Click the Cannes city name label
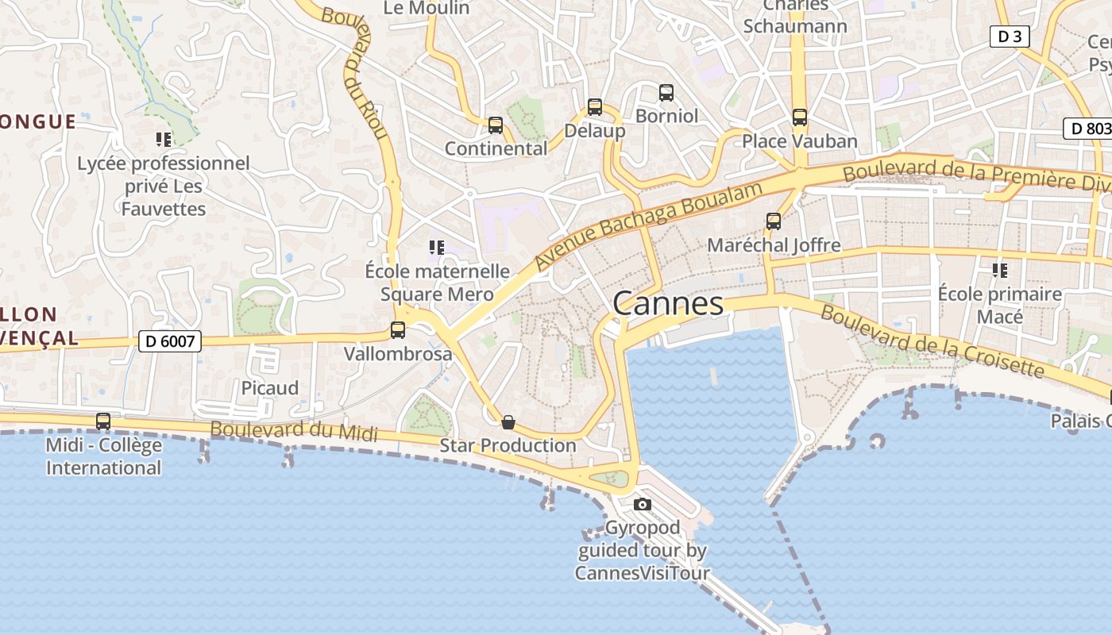[x=668, y=303]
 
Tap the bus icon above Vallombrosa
[x=398, y=330]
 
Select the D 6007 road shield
[x=170, y=341]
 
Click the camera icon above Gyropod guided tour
[x=642, y=504]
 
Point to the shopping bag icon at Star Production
[x=508, y=422]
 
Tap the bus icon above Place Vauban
[x=799, y=117]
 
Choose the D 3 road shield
[x=1010, y=37]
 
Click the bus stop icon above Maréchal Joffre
[x=774, y=221]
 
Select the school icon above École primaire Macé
[x=999, y=271]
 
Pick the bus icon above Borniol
[x=666, y=93]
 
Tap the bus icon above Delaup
[x=595, y=107]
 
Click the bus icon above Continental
[x=496, y=125]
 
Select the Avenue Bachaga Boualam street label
[x=648, y=225]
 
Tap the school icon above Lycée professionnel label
[x=164, y=140]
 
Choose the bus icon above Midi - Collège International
[x=103, y=421]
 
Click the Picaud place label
[x=270, y=388]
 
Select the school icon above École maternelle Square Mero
[x=436, y=248]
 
